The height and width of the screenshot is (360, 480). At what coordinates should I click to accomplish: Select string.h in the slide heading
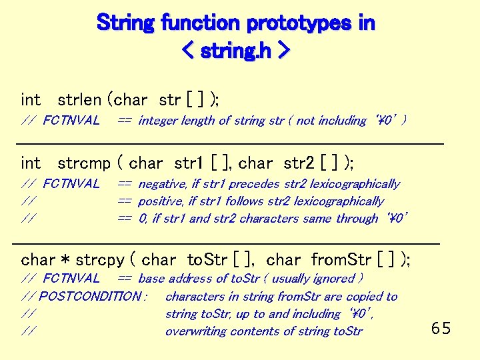(x=237, y=50)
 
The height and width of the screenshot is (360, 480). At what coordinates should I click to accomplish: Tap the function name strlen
(x=79, y=100)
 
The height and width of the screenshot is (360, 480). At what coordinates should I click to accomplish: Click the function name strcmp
(x=83, y=163)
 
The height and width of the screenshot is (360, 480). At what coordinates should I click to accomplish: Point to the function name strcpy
(x=99, y=259)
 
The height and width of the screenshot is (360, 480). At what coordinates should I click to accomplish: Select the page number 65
(x=441, y=328)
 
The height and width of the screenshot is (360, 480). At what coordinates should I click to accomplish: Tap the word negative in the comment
(x=162, y=183)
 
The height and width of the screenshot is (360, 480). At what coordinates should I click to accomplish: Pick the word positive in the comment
(x=161, y=201)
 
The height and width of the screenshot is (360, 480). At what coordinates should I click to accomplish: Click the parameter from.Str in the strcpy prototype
(x=341, y=259)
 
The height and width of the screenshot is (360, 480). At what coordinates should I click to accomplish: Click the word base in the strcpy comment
(x=151, y=279)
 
